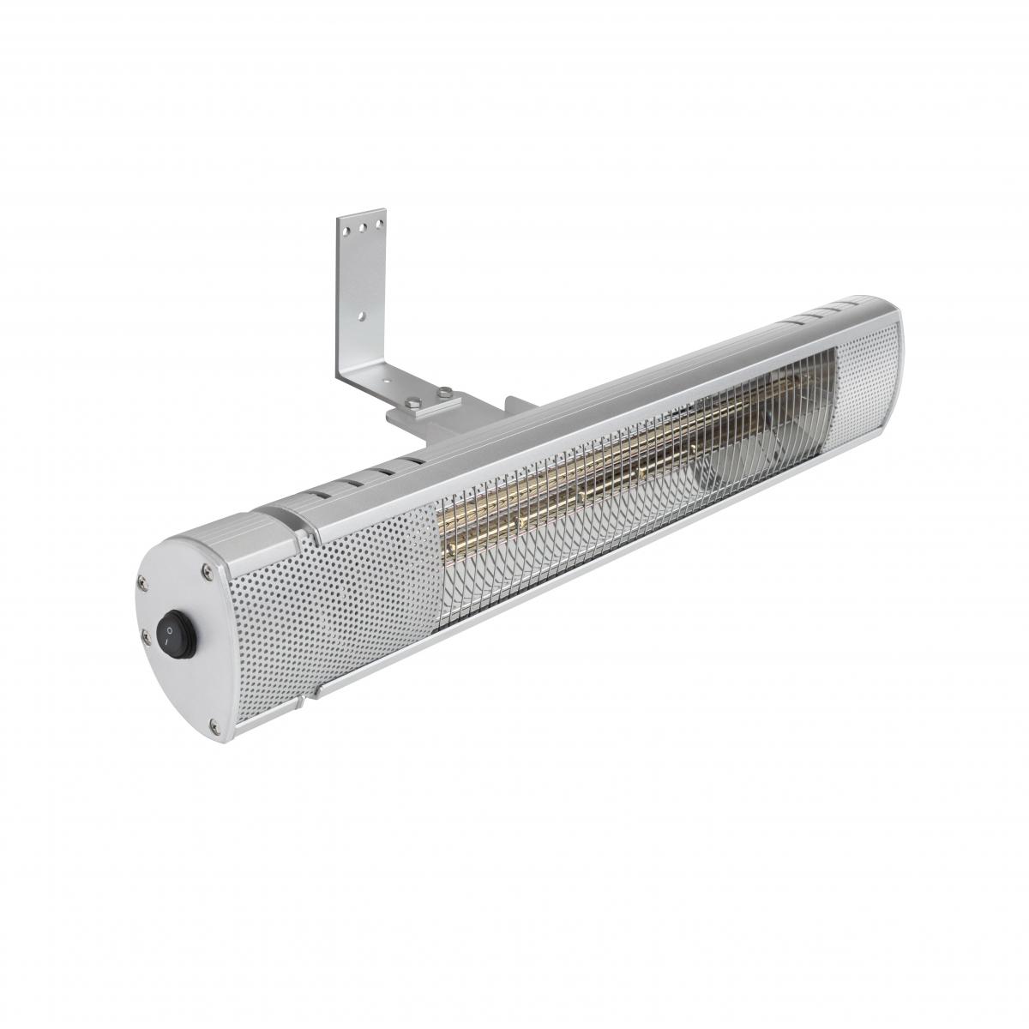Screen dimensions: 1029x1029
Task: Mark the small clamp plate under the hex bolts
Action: [429, 407]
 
